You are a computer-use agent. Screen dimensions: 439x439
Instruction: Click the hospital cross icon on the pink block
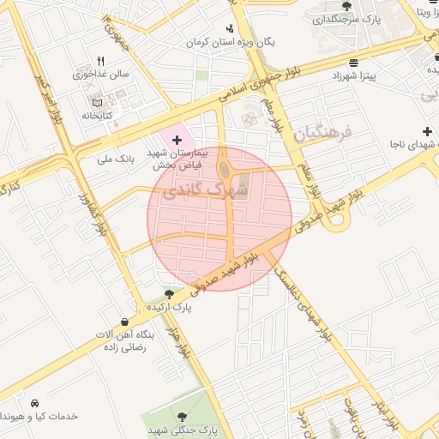click(x=177, y=139)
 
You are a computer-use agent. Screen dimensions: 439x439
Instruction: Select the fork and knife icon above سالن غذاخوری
click(x=100, y=61)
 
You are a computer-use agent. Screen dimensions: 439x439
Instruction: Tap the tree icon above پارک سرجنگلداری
click(x=346, y=7)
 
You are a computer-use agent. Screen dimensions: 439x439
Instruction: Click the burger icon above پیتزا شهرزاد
click(x=354, y=63)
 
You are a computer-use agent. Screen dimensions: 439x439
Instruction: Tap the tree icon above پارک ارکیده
click(x=179, y=293)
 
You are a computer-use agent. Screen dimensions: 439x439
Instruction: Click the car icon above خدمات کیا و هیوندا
click(x=34, y=403)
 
